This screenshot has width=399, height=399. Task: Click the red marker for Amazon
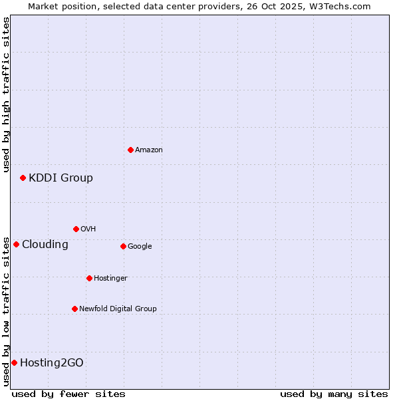(130, 150)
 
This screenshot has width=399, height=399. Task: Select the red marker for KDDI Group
(23, 178)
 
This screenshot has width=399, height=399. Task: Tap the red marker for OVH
(76, 229)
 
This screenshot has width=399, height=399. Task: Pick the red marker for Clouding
(16, 244)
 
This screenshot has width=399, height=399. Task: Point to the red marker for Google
(123, 246)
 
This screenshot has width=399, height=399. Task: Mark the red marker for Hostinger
(89, 278)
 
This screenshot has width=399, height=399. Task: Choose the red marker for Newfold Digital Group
(74, 309)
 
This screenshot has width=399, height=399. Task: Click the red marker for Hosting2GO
(14, 362)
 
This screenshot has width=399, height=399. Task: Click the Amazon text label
(149, 150)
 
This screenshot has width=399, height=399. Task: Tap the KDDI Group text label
(61, 178)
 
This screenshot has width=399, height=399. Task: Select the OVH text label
(88, 229)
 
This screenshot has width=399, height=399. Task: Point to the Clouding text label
(45, 244)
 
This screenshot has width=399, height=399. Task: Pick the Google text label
(140, 247)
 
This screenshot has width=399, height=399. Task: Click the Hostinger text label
(110, 278)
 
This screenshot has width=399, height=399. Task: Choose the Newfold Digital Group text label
(118, 309)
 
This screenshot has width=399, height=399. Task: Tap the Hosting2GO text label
(52, 362)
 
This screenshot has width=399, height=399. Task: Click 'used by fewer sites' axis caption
(68, 394)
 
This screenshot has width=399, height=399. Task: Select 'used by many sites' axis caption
(334, 394)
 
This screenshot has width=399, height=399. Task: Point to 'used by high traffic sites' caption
(6, 94)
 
